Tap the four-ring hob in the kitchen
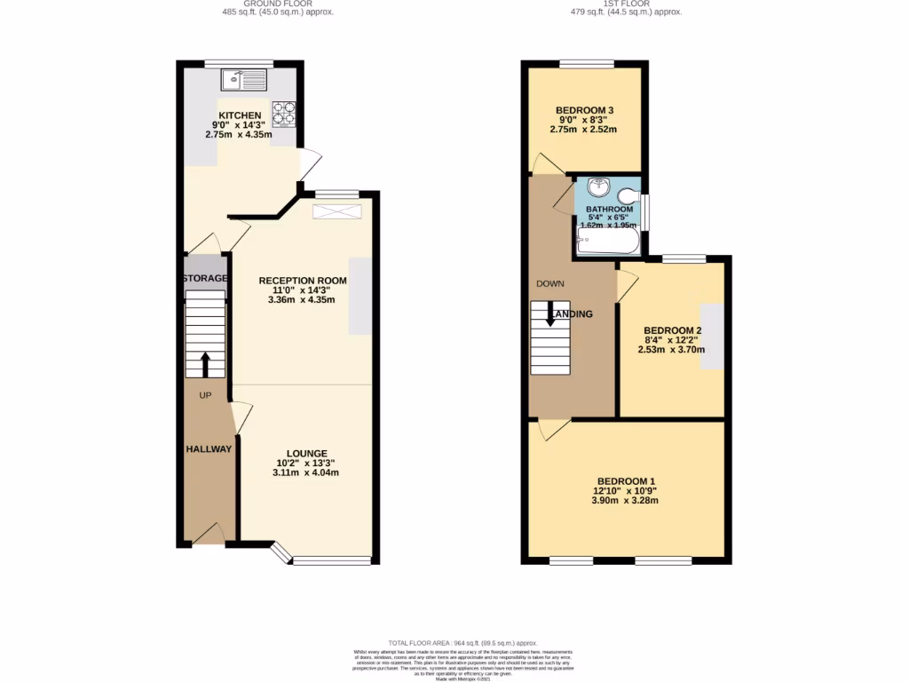[x=283, y=113]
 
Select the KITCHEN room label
[x=241, y=115]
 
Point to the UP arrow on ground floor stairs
[x=205, y=361]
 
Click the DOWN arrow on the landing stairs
[x=550, y=314]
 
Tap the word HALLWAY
[x=209, y=449]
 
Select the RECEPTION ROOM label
[x=303, y=281]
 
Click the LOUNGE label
[x=306, y=453]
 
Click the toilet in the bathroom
[x=629, y=197]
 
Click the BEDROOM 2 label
[x=672, y=329]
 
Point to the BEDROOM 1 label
[x=626, y=480]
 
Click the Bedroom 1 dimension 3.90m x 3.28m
[x=626, y=501]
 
